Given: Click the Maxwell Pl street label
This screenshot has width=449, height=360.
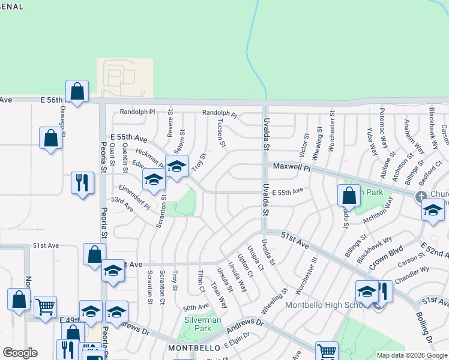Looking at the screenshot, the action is coord(291,168).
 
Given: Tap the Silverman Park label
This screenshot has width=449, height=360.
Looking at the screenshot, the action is coord(202,325).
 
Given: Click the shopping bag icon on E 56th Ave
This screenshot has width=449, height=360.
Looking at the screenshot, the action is coord(77,92).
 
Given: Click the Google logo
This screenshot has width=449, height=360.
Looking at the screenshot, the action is coord(20,353).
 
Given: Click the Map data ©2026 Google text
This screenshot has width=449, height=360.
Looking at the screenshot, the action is coord(412,355).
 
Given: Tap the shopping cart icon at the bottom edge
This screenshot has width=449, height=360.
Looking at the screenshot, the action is coord(326,351).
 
